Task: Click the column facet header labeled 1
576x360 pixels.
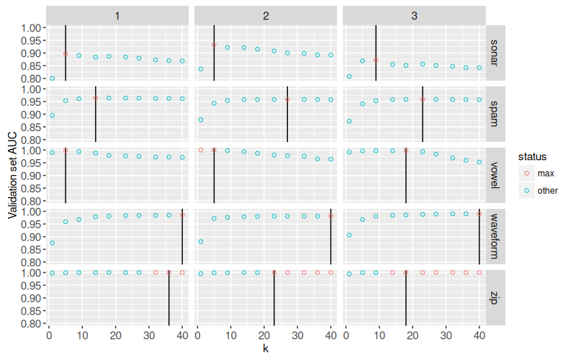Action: coord(117,15)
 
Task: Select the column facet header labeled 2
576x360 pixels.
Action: coord(265,15)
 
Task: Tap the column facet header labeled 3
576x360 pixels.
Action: coord(413,15)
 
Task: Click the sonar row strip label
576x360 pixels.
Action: coord(494,54)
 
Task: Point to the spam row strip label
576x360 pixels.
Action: coord(494,115)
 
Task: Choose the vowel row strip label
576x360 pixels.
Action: coord(494,176)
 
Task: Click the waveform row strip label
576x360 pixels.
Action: coord(494,238)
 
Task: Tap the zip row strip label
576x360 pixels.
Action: coord(494,299)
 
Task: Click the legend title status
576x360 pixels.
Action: coord(532,156)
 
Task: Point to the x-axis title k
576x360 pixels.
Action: coord(266,349)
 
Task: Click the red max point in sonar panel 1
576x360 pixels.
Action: coord(66,53)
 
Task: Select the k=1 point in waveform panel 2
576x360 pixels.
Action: coord(201,242)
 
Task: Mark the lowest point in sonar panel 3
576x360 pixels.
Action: coord(349,76)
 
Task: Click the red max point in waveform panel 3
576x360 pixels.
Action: coord(480,214)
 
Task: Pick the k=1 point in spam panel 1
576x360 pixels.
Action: coord(52,115)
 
